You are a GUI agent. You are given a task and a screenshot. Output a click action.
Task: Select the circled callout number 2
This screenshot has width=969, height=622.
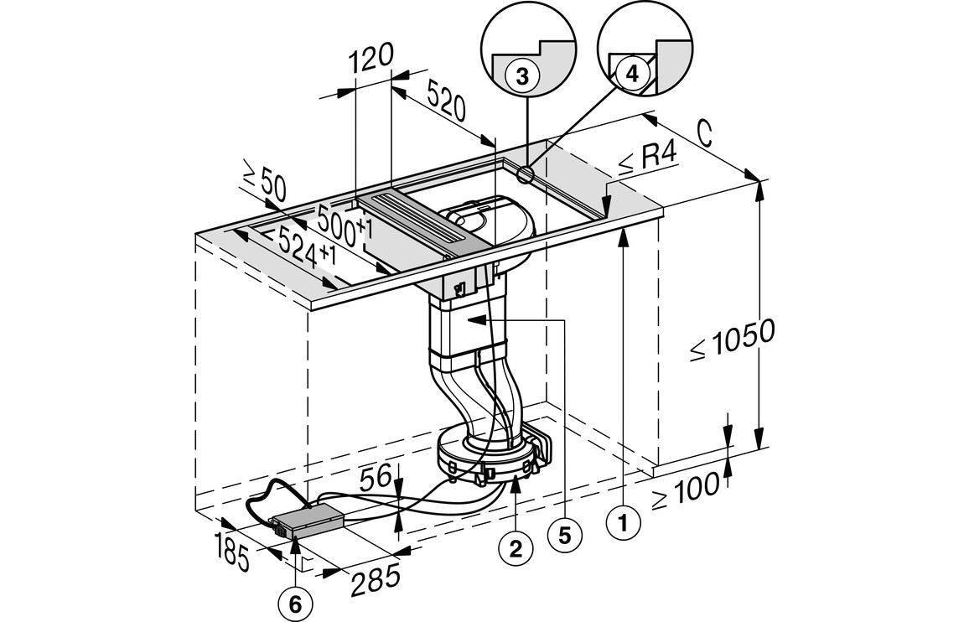click(x=516, y=549)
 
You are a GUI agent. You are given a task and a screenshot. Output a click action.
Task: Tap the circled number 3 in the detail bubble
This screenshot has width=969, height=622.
click(x=521, y=76)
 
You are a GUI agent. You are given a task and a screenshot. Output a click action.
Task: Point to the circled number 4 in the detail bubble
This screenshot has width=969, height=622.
click(x=632, y=73)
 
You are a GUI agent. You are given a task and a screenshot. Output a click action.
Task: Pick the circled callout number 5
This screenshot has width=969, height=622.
click(x=564, y=535)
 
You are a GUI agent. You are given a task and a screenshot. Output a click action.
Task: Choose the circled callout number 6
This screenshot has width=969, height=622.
click(x=298, y=602)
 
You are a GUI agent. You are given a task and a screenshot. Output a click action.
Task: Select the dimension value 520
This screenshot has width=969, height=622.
click(x=448, y=103)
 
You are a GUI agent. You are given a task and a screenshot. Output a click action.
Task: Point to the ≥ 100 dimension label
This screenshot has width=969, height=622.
click(x=686, y=490)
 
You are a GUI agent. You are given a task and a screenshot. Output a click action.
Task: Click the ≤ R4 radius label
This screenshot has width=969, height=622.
click(x=646, y=158)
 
